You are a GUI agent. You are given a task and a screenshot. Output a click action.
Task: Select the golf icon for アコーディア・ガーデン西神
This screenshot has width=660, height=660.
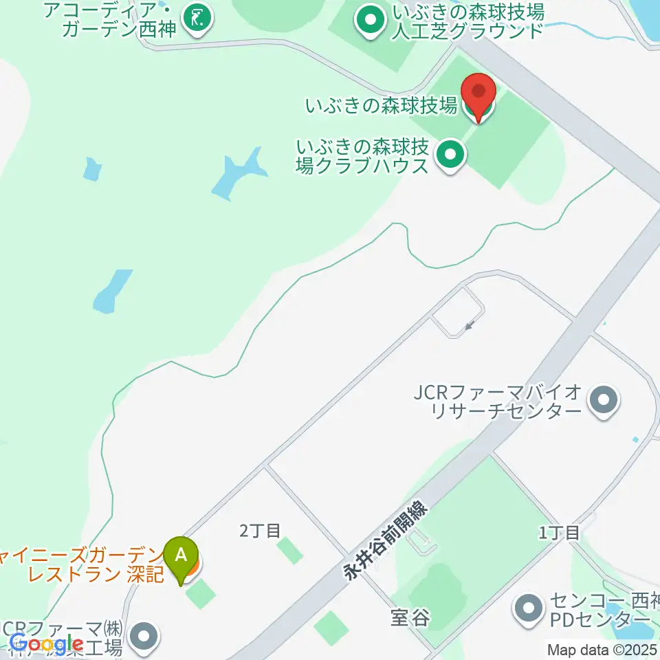[x=198, y=19]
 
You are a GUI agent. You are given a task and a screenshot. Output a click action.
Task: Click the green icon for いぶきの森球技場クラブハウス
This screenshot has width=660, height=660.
[x=450, y=157]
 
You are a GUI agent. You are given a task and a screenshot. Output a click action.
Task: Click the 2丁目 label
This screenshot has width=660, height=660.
[x=261, y=530]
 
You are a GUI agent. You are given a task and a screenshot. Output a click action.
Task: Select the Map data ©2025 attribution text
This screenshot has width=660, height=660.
[x=601, y=649]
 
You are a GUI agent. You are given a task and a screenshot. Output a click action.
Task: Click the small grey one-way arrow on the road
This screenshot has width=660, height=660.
[x=470, y=324]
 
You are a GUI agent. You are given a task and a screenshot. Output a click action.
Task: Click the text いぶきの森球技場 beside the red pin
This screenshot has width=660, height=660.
[x=382, y=106]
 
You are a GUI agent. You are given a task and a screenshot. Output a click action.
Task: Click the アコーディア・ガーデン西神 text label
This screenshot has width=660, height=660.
[x=110, y=19]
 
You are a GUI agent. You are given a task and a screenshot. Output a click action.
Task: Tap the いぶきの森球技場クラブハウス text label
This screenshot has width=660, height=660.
[x=364, y=156]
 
